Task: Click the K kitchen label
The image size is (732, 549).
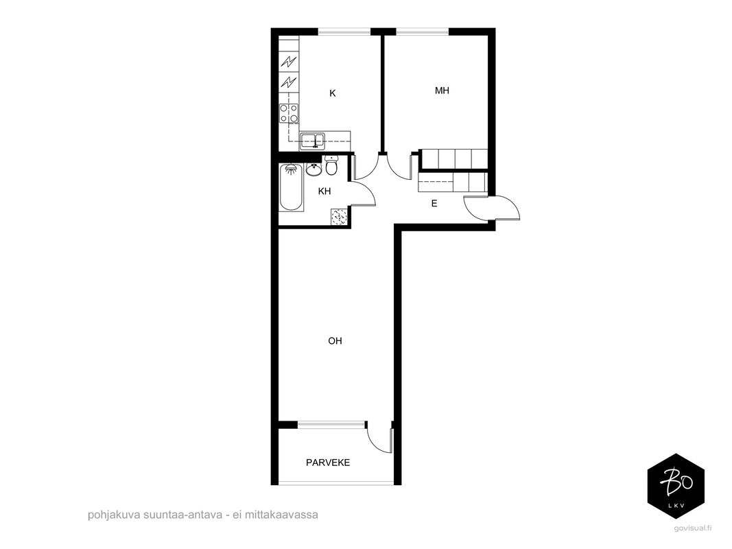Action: (333, 93)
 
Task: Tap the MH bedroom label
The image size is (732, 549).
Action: (442, 91)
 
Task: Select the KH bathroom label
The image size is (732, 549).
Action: (324, 191)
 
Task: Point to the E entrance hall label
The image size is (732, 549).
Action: (434, 204)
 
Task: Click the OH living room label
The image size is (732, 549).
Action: (335, 341)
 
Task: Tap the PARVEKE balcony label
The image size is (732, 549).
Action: (328, 463)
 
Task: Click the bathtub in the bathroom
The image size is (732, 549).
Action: (292, 187)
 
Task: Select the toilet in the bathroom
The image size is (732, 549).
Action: (331, 165)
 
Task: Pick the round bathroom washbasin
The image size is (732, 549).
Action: (314, 170)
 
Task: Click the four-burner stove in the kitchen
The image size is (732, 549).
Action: (289, 113)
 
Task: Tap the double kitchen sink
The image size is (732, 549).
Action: (313, 141)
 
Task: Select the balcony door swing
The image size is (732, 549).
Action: (380, 437)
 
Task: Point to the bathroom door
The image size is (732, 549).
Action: (364, 193)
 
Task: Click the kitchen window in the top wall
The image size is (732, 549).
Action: (344, 32)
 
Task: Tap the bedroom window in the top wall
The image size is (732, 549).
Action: (423, 32)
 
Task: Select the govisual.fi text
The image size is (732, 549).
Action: (693, 528)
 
